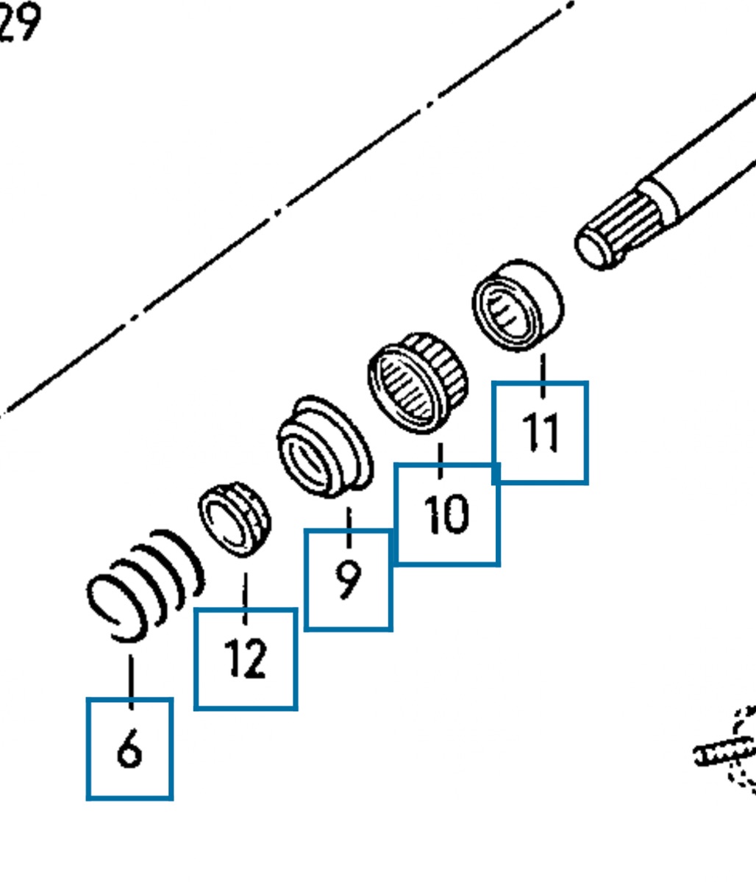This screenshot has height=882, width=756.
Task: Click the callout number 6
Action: [x=129, y=750]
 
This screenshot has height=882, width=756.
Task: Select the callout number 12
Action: [x=246, y=659]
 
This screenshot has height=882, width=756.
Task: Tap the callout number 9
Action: [x=349, y=579]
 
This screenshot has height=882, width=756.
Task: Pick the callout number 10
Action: [x=446, y=514]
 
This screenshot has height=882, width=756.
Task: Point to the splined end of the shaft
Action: [x=625, y=220]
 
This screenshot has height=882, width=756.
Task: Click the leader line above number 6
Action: [x=131, y=681]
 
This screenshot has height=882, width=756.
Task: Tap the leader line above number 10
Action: [x=441, y=459]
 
